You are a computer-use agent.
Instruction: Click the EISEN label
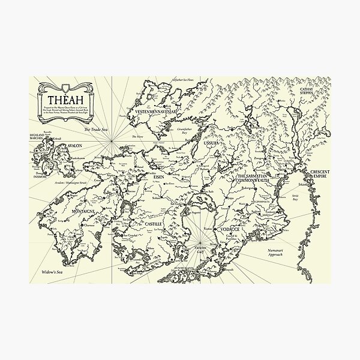tap(159, 178)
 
